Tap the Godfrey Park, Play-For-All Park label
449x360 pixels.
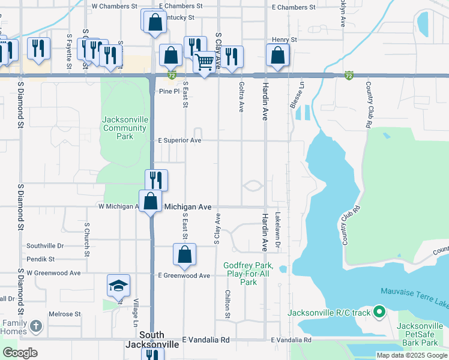tap(248, 274)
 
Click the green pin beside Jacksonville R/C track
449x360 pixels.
tap(379, 312)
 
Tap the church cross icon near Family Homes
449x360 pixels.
tap(35, 326)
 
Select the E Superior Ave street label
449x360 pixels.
tap(179, 140)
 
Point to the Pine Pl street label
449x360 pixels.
tap(169, 91)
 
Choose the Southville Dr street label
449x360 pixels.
tap(45, 246)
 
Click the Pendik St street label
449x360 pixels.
tap(40, 259)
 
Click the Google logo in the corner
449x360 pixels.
tap(20, 353)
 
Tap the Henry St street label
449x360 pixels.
tap(285, 40)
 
